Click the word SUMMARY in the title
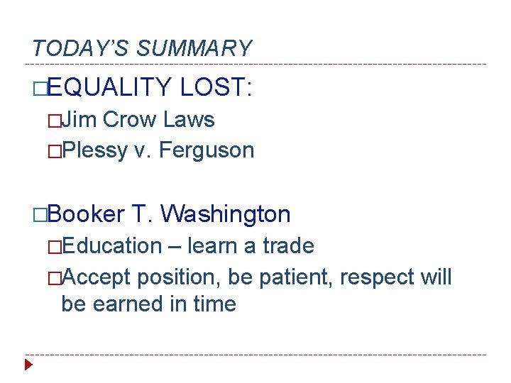point(194,48)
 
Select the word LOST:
point(216,87)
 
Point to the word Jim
point(79,119)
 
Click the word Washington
point(226,213)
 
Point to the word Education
point(111,246)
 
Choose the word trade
point(288,246)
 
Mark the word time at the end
point(214,304)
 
